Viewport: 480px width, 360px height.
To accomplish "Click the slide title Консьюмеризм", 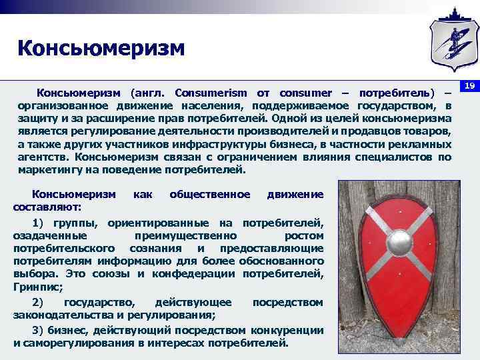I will click(x=101, y=48).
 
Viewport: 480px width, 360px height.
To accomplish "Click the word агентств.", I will click(x=43, y=157).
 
